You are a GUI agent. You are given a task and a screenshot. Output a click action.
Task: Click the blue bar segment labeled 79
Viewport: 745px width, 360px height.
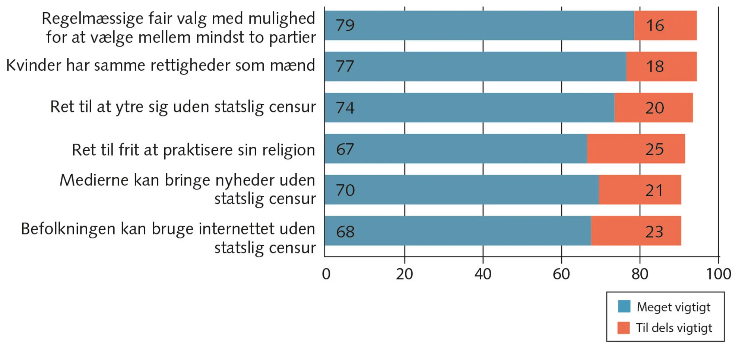479,25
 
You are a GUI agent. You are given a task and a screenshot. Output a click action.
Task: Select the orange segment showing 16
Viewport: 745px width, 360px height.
665,25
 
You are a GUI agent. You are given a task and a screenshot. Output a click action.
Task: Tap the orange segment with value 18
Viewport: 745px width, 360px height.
661,67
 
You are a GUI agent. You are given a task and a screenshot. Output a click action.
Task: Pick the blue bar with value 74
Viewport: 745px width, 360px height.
469,108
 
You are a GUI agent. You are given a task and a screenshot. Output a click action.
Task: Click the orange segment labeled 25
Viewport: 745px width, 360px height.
636,149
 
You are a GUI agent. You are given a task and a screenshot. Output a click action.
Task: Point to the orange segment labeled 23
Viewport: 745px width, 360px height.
636,231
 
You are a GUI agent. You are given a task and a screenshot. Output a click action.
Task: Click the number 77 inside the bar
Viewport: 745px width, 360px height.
345,67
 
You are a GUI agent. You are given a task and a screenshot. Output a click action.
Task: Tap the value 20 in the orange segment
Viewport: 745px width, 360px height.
654,108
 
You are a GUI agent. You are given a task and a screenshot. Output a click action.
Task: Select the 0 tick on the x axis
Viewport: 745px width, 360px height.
326,274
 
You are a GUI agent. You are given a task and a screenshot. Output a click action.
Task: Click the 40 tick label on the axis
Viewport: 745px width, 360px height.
483,274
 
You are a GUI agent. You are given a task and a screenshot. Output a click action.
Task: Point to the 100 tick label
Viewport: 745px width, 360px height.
719,274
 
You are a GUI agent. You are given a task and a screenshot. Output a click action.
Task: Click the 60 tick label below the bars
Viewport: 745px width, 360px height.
561,274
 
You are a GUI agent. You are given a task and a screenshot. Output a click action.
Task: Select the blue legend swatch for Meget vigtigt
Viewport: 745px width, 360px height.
624,306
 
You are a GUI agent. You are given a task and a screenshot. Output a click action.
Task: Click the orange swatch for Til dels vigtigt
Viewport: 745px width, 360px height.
624,328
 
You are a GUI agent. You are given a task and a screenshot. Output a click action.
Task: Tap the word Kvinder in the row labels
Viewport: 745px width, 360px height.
34,66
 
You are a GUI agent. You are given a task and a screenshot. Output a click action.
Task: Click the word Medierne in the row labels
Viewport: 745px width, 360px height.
94,180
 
